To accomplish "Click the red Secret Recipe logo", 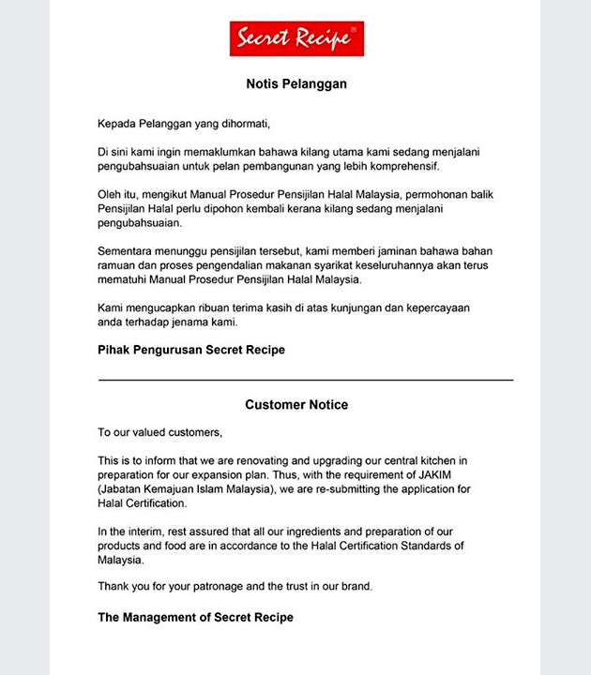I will (x=296, y=38).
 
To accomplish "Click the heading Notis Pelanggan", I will (x=296, y=83).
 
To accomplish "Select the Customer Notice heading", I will (x=296, y=405).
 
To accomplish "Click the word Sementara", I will (x=128, y=252).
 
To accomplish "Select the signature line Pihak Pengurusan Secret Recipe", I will (x=191, y=350).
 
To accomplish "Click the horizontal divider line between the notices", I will (x=306, y=380).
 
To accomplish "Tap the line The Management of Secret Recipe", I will (x=195, y=617).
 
